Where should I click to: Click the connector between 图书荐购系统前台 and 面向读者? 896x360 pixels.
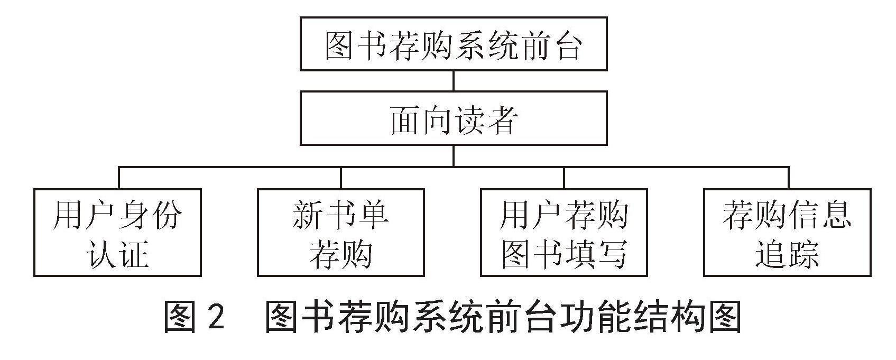point(454,81)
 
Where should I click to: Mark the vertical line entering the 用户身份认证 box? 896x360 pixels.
point(119,177)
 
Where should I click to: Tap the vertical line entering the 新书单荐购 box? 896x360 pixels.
point(341,177)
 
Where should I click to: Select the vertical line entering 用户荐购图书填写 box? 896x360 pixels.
point(564,177)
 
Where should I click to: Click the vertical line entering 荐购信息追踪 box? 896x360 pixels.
point(789,177)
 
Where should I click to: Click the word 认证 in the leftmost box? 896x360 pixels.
point(117,254)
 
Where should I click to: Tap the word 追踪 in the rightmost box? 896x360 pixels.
point(787,254)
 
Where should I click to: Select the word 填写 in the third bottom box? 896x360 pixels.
point(596,254)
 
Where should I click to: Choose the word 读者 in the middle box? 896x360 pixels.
point(486,119)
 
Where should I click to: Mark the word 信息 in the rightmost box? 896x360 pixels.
point(819,215)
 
